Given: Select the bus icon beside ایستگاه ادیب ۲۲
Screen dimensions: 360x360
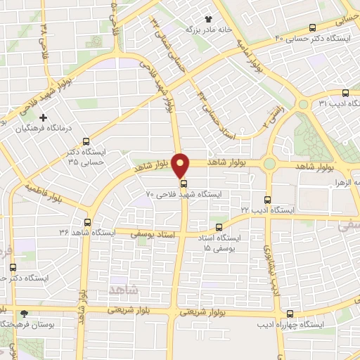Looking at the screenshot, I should [x=267, y=200].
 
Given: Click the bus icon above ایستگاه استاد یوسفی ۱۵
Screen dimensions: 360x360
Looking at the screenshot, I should [x=219, y=227].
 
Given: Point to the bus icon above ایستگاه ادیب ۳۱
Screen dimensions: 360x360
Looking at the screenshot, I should [x=345, y=93].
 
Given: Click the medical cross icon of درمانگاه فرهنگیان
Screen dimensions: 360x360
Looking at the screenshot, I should [x=44, y=117].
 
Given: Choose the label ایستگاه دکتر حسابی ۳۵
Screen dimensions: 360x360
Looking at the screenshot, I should [x=85, y=157].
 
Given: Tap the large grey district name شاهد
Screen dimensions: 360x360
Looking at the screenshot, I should [x=125, y=289].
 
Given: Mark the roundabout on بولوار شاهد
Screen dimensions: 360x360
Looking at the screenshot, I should [x=270, y=165].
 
